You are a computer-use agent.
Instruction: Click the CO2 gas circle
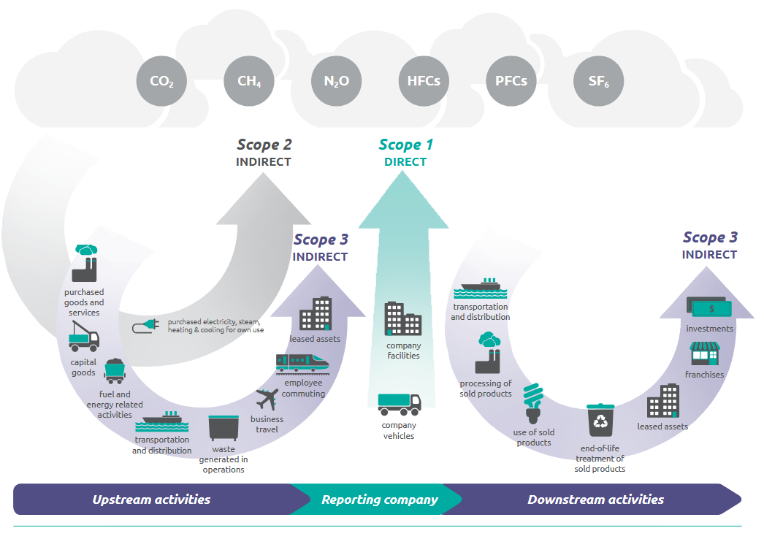tap(161, 81)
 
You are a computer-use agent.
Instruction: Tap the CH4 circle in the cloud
tap(249, 81)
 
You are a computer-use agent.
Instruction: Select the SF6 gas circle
tap(599, 81)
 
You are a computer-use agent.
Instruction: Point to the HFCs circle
tap(424, 81)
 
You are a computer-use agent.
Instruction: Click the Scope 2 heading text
tap(264, 145)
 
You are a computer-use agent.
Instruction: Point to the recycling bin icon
tap(601, 420)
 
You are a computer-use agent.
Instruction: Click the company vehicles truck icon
tap(399, 403)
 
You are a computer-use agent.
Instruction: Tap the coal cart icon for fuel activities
tap(115, 371)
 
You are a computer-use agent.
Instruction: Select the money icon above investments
tap(707, 307)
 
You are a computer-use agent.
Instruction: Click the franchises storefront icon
tap(705, 354)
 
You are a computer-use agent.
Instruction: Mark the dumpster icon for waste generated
tap(224, 430)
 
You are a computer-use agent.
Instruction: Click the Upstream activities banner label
tap(151, 500)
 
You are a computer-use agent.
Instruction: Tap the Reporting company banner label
tap(379, 500)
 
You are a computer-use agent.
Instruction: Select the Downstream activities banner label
tap(595, 500)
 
